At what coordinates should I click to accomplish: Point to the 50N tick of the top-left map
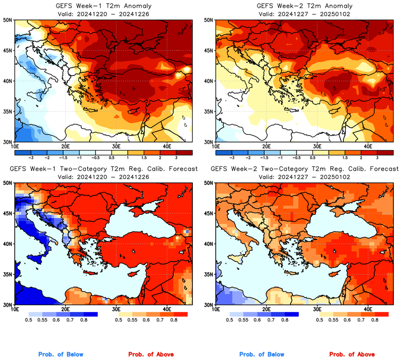coord(8,20)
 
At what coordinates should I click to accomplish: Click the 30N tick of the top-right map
coord(208,142)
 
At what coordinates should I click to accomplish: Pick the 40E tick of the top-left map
coord(167,146)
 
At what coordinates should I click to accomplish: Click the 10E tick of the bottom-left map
coord(15,308)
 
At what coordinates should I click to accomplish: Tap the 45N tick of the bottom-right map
coord(208,213)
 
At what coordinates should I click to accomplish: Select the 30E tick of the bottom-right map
coord(317,308)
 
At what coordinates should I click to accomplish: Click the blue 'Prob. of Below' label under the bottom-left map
coord(61,354)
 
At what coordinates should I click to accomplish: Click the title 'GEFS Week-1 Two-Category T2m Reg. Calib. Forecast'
coord(103,169)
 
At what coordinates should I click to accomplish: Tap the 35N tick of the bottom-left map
coord(8,274)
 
